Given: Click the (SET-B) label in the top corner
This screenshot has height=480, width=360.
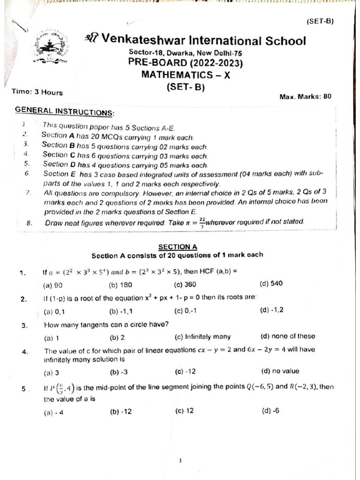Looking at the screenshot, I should pos(320,21).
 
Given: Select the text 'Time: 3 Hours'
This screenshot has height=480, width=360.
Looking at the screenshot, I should pos(37,92).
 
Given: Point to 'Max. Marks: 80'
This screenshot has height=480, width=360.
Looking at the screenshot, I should pos(305,97).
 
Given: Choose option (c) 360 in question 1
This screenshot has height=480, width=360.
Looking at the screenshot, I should pos(185,284).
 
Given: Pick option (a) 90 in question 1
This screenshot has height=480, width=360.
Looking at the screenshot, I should pos(53,285).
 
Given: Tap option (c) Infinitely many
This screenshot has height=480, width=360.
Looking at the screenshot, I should pos(202,336).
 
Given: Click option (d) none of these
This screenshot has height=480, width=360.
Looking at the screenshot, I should pos(287,336).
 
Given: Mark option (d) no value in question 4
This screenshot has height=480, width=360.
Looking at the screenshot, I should pos(280,371).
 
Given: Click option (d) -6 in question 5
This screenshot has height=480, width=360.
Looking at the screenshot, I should pos(271,411).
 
